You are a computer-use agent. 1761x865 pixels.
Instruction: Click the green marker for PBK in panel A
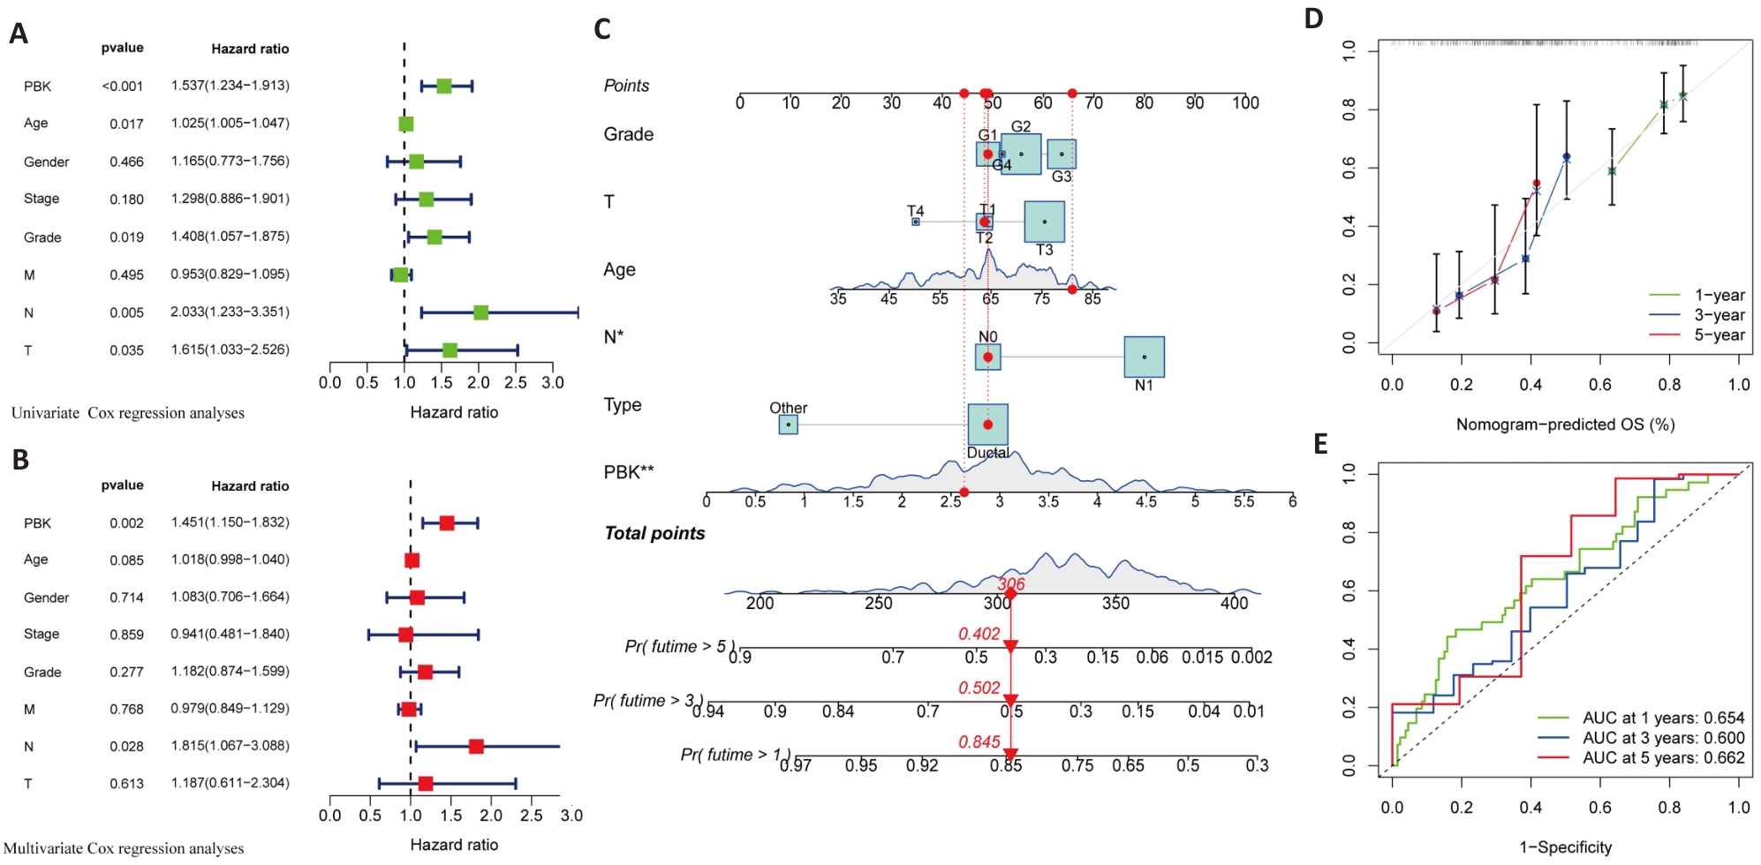[x=443, y=86]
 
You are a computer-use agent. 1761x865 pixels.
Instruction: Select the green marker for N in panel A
[x=480, y=312]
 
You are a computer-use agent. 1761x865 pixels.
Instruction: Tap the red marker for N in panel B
[x=476, y=747]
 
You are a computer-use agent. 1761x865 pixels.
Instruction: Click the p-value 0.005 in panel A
[x=126, y=312]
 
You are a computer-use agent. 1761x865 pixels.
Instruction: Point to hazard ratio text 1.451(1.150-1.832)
[x=230, y=523]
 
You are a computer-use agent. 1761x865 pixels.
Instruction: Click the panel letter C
[x=602, y=29]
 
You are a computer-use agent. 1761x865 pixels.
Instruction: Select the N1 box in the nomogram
[x=1144, y=357]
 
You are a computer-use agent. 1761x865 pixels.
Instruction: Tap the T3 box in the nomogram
[x=1044, y=222]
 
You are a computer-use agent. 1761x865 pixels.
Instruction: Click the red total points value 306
[x=1011, y=584]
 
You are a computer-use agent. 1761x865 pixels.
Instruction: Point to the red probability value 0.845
[x=979, y=742]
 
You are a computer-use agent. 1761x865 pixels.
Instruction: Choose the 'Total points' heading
[x=654, y=533]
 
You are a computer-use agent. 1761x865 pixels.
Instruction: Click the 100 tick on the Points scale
[x=1245, y=103]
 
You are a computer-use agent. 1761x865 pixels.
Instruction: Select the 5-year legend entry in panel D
[x=1697, y=335]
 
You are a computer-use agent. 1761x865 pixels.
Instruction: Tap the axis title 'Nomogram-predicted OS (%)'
[x=1565, y=425]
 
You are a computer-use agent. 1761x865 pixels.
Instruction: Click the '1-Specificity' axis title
[x=1565, y=847]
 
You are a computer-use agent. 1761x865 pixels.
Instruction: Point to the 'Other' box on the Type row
[x=789, y=425]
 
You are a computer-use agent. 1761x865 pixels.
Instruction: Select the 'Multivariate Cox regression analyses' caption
[x=124, y=848]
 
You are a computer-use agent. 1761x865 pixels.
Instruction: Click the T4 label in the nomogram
[x=915, y=211]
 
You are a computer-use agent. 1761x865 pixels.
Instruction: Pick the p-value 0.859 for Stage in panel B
[x=126, y=635]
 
